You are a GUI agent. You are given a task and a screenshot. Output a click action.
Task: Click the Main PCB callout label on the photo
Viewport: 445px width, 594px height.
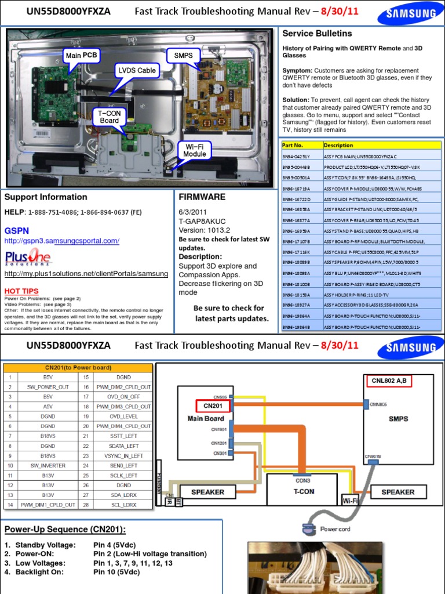tap(82, 56)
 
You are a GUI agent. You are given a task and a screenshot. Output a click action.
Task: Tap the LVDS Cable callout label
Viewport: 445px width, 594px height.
tap(137, 71)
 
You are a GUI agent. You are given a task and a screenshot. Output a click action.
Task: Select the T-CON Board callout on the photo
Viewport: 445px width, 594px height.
tap(109, 117)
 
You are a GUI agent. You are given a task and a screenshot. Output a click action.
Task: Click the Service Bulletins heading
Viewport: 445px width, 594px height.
tap(317, 34)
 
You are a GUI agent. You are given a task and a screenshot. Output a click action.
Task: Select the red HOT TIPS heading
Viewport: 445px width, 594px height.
tap(22, 291)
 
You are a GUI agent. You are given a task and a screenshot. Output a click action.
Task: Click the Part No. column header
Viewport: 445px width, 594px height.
tap(293, 145)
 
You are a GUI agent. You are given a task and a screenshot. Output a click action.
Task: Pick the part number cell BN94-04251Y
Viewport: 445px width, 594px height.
tap(297, 157)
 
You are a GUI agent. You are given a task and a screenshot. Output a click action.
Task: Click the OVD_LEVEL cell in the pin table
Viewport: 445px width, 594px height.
tap(123, 416)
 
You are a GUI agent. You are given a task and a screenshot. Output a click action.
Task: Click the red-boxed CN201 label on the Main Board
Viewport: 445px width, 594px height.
tap(213, 407)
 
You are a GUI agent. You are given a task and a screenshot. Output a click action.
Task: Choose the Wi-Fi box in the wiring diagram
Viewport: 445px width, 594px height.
tap(350, 500)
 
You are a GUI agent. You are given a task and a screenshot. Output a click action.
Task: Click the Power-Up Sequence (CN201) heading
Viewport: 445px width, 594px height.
tap(65, 530)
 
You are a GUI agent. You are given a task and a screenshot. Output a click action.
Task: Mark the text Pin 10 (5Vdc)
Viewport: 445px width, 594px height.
tap(116, 572)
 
